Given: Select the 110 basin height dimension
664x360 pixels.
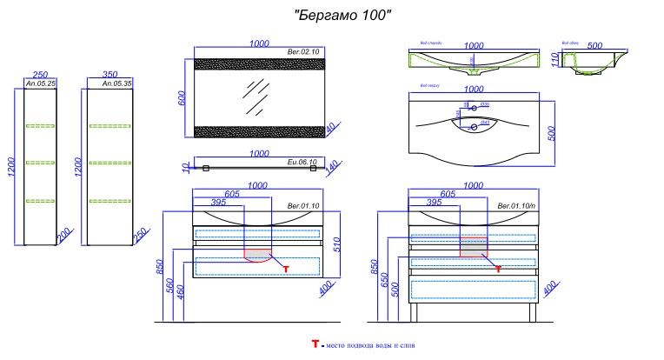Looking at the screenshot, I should [554, 60].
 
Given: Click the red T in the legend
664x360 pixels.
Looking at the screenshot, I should [315, 345].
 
